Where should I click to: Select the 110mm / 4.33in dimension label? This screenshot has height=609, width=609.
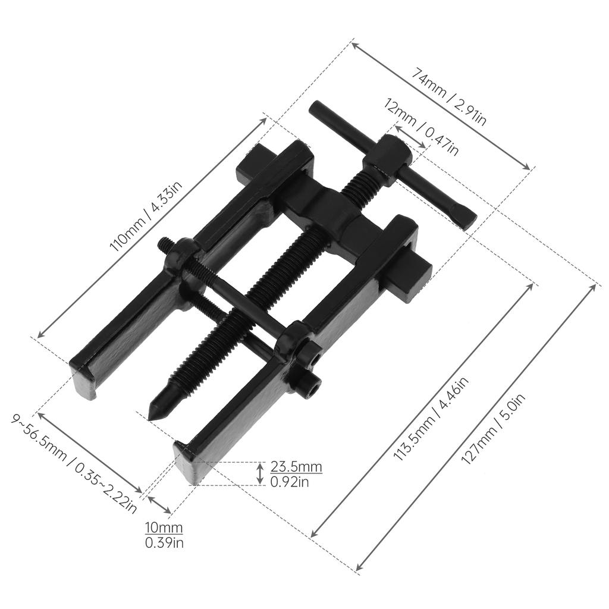tap(143, 216)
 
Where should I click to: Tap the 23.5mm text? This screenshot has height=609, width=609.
tap(296, 466)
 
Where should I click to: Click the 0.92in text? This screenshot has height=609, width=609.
tap(290, 482)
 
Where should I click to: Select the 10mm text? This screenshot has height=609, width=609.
tap(164, 528)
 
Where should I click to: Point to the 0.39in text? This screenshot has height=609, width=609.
tap(164, 542)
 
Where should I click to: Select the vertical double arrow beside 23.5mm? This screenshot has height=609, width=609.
tap(260, 473)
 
